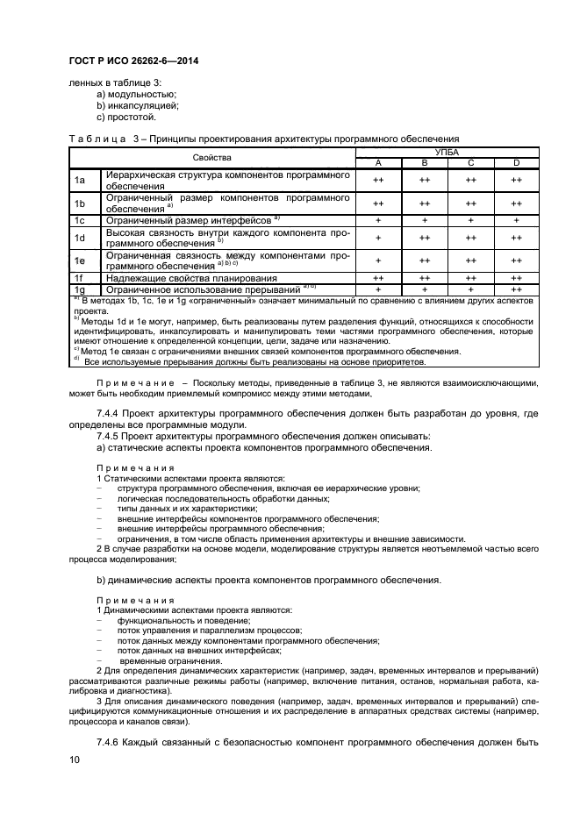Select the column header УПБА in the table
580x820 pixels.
[447, 153]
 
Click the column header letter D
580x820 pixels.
[516, 162]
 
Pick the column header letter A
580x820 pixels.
[377, 162]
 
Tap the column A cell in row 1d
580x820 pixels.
[377, 238]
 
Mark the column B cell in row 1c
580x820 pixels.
[424, 220]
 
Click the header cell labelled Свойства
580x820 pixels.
[211, 157]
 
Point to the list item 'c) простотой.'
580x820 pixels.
[126, 117]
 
